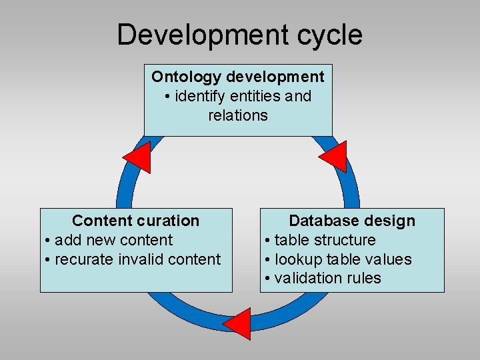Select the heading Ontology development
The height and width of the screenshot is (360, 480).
click(238, 77)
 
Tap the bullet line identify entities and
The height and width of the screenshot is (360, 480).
click(238, 96)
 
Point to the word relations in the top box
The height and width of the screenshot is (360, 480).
click(238, 115)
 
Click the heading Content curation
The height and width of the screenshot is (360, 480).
click(136, 221)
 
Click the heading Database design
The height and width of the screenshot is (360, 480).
click(352, 221)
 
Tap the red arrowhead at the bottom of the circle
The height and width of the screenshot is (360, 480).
click(239, 324)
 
